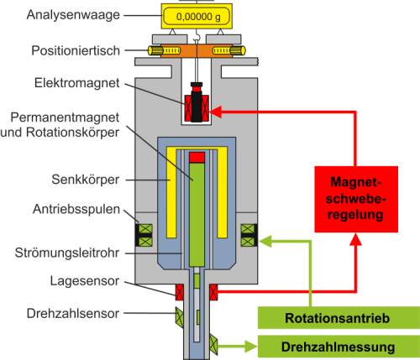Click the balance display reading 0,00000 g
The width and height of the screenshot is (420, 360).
(x=197, y=16)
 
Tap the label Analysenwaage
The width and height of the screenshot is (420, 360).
(x=73, y=15)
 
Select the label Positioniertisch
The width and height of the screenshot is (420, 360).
(x=76, y=50)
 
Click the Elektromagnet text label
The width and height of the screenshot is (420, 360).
(x=77, y=83)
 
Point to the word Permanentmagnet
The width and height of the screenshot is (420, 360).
(x=65, y=117)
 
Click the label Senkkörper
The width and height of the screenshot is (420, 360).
(x=86, y=180)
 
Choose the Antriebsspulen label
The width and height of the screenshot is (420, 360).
(x=76, y=209)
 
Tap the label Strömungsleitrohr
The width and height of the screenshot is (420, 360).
(x=67, y=253)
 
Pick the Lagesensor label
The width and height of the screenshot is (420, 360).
(x=85, y=281)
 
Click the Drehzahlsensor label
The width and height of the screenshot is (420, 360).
(x=73, y=314)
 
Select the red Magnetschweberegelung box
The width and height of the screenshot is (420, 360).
(x=356, y=199)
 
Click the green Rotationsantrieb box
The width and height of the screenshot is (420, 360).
(x=339, y=318)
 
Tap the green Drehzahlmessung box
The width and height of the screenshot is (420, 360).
(x=339, y=347)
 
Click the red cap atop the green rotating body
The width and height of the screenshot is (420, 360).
(x=197, y=157)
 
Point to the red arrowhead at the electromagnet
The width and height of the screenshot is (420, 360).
(x=216, y=112)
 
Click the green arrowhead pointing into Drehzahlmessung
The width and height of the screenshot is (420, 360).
(x=251, y=347)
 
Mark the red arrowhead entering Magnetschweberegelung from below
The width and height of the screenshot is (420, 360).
(x=356, y=239)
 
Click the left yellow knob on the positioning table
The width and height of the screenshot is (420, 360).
(x=155, y=50)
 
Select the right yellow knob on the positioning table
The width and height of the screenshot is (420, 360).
(x=238, y=50)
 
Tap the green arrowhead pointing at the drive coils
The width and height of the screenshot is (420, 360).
(x=265, y=241)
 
